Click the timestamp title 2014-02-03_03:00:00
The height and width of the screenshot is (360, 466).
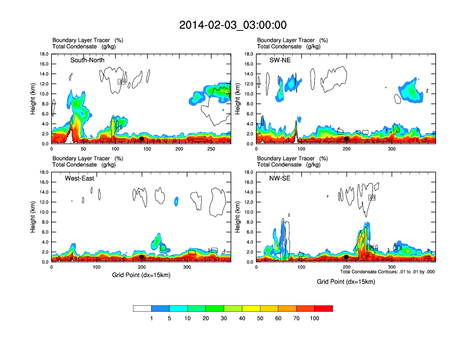click(233, 25)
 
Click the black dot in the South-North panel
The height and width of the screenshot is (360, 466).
click(141, 139)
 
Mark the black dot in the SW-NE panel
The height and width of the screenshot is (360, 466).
click(347, 139)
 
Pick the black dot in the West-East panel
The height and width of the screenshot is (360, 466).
click(141, 257)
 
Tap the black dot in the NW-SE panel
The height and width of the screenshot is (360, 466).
click(347, 257)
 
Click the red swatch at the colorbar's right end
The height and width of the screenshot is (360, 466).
click(324, 308)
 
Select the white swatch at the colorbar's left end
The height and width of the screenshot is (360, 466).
click(142, 308)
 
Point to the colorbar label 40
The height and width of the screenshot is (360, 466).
click(242, 318)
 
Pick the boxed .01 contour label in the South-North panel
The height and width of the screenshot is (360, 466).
click(122, 82)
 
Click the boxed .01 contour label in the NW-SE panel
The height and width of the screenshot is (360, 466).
click(372, 198)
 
